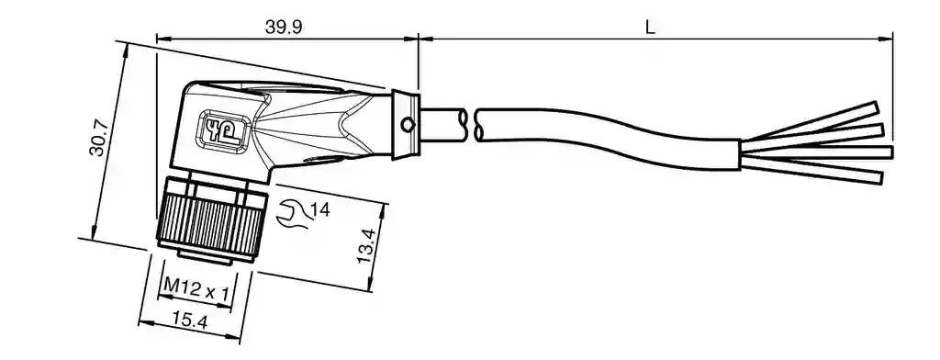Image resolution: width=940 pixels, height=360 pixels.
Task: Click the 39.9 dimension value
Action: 284,27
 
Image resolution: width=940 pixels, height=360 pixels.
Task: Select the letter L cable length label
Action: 650,27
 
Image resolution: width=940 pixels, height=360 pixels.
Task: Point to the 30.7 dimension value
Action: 98,138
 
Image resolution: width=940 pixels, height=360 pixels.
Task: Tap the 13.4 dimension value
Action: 365,246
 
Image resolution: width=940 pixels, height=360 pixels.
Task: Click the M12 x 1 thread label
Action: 196,291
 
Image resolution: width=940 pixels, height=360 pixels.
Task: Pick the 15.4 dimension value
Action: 189,321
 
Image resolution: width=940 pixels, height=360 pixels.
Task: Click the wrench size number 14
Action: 320,210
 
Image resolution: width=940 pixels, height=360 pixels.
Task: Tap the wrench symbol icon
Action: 292,215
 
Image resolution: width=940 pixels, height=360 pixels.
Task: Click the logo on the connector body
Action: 223,129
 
